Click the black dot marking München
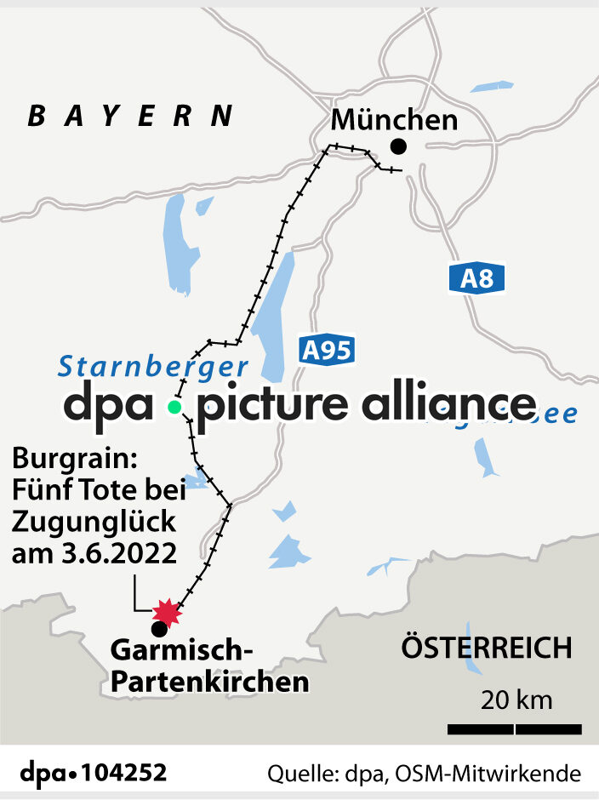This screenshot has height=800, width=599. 397,146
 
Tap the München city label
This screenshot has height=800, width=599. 394,120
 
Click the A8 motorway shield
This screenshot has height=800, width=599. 477,279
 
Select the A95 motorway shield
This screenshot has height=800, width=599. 327,350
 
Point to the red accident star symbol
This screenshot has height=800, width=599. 167,612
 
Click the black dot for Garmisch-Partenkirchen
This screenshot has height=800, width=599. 158,630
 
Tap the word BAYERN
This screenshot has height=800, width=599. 130,117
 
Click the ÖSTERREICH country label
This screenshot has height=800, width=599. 487,649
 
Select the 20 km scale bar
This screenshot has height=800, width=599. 515,729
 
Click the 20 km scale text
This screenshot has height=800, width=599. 516,701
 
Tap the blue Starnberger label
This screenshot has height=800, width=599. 153,367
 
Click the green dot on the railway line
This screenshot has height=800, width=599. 174,407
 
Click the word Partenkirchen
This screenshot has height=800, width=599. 210,682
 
